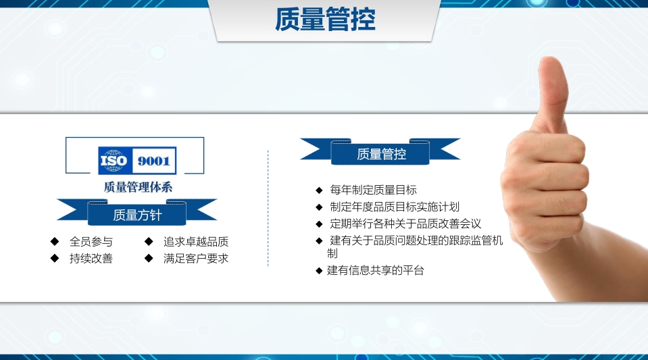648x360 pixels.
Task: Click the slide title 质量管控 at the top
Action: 325,20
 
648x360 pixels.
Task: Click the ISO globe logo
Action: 114,161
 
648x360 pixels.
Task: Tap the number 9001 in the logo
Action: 155,161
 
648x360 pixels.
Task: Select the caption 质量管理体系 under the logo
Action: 138,187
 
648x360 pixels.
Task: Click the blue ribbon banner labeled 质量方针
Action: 137,215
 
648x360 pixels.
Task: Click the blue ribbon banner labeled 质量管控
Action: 381,153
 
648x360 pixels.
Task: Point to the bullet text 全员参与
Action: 91,241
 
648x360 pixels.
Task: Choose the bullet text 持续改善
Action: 91,258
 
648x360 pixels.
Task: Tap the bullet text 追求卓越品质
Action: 196,241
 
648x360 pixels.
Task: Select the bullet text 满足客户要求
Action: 196,258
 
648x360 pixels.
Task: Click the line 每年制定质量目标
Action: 373,190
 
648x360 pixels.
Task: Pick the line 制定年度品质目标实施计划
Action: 395,207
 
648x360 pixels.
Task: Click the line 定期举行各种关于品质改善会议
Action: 405,224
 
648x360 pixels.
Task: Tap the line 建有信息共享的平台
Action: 376,271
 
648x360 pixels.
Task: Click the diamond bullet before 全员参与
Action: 54,241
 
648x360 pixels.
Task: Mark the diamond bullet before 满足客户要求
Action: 149,258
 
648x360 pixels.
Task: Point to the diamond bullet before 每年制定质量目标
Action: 319,190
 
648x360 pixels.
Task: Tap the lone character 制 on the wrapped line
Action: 332,253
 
